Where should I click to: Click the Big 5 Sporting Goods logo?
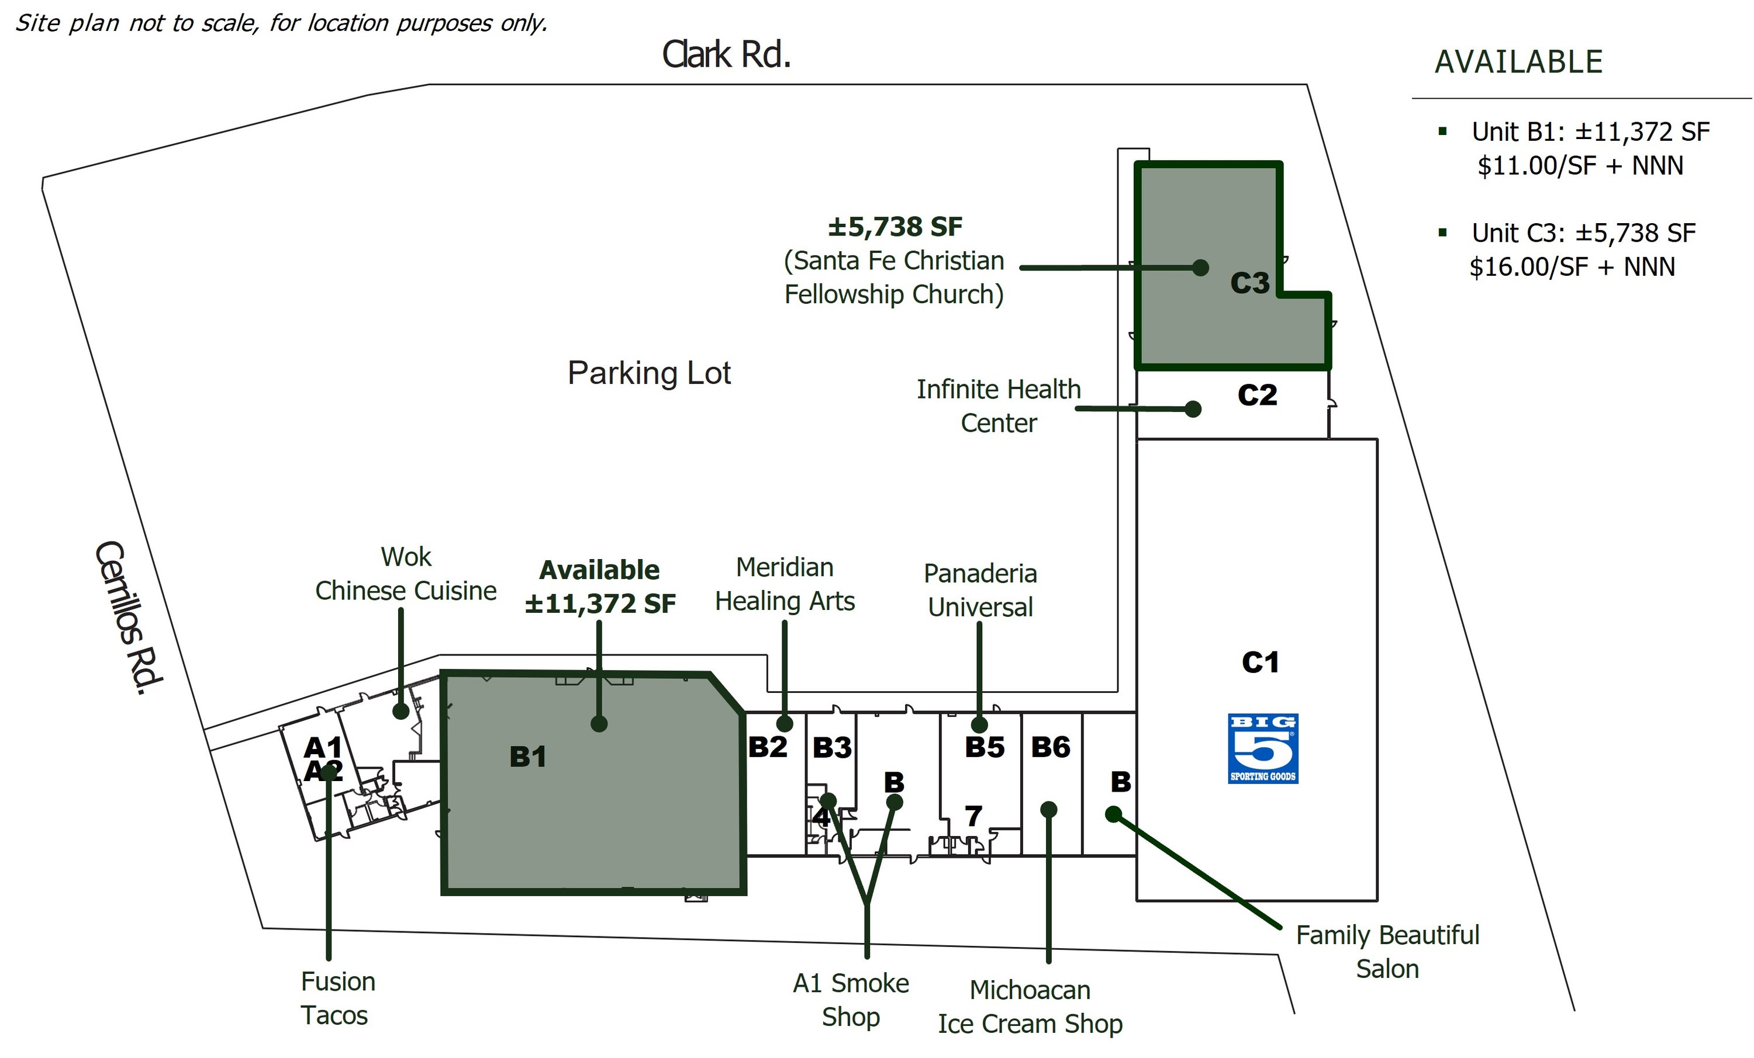(x=1263, y=748)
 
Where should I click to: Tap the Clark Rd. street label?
(x=726, y=54)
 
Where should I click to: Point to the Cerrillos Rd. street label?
(x=129, y=618)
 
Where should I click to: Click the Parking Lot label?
(x=648, y=373)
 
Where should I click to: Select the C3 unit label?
(x=1250, y=283)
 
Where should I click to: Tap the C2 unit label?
(x=1257, y=395)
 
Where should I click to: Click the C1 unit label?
(x=1261, y=662)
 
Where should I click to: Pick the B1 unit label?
(x=528, y=757)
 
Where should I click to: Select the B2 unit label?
(x=767, y=747)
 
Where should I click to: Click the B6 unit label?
(x=1051, y=747)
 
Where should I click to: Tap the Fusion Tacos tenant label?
(x=337, y=998)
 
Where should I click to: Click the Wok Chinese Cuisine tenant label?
(x=406, y=574)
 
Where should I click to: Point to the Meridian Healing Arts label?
(x=785, y=584)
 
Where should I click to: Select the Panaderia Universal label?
(x=980, y=590)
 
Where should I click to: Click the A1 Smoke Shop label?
(x=851, y=1000)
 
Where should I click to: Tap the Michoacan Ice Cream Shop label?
(x=1030, y=1007)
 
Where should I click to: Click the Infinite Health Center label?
(x=999, y=406)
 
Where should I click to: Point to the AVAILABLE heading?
(x=1518, y=62)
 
